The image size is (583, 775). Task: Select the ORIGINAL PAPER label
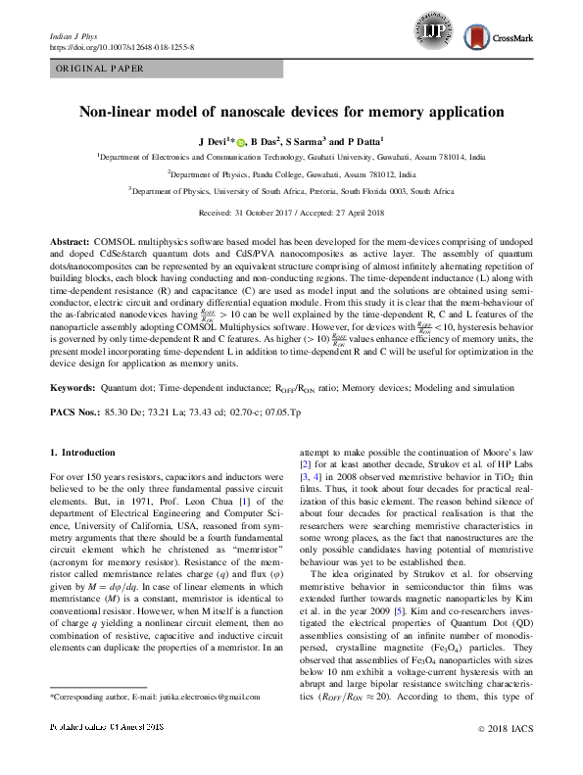pos(99,69)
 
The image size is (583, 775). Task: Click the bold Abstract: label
pos(70,240)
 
